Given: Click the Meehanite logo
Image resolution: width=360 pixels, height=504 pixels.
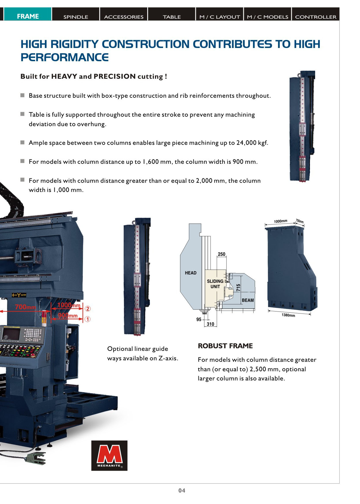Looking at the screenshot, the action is tap(109, 455).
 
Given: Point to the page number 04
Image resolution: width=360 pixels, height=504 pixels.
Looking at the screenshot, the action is tap(182, 490).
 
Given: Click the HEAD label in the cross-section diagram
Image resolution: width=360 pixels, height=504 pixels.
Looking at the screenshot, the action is tap(191, 273).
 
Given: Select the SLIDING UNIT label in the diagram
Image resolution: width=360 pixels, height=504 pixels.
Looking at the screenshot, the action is tap(215, 284).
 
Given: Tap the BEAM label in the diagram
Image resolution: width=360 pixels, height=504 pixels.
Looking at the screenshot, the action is tap(248, 300).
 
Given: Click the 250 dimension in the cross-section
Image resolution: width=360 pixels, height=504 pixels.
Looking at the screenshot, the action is tap(221, 254).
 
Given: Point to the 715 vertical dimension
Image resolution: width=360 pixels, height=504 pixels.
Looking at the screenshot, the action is tap(238, 288).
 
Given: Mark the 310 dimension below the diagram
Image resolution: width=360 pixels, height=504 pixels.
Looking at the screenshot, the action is tap(210, 324).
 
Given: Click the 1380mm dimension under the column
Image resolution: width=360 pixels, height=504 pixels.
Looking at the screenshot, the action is tap(288, 315).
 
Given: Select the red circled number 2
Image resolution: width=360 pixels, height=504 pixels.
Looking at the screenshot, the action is tap(88, 309).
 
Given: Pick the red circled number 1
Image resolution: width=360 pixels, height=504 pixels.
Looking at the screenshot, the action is tap(88, 319).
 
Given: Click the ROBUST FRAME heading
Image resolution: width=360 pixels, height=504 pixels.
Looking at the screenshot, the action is tap(225, 346).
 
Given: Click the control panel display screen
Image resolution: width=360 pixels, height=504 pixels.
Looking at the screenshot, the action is tap(11, 334).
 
